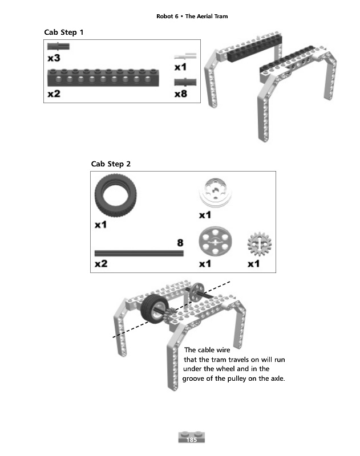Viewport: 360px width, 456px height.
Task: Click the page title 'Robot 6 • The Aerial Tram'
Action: pos(192,16)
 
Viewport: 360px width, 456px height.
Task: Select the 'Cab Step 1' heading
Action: pos(64,32)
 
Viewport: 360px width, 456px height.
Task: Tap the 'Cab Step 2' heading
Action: pos(111,164)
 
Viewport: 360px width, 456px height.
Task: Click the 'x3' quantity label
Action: pos(54,58)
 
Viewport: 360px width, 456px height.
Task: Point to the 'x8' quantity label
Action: pos(180,93)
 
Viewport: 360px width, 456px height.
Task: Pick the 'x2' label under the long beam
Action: pos(54,93)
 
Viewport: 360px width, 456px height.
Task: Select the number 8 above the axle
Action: pos(180,243)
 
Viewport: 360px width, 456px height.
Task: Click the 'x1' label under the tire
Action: pos(100,225)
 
